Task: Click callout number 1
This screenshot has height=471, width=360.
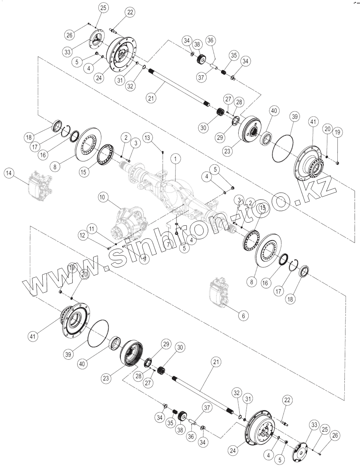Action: click(x=176, y=158)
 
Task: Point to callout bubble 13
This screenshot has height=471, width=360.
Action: click(x=148, y=138)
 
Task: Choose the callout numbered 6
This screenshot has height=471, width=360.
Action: click(x=243, y=315)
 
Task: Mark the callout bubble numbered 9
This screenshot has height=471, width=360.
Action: click(x=144, y=259)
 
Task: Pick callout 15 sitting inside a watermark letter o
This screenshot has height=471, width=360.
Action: click(x=262, y=208)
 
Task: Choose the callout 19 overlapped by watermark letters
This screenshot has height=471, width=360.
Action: click(x=71, y=268)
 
